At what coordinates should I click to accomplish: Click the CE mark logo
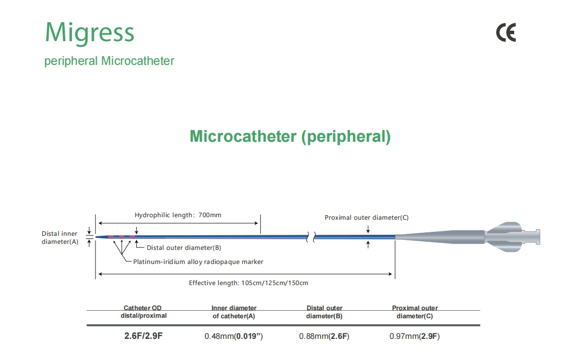pos(506,33)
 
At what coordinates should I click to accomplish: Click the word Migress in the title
pos(89,33)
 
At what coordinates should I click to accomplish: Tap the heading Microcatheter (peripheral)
pos(290,137)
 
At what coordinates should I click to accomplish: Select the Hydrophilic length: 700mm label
pos(177,215)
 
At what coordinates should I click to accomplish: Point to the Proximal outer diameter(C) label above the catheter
pos(366,218)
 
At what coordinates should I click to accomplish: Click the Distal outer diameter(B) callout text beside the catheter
pos(184,247)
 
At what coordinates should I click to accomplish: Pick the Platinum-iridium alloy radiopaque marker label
pos(198,262)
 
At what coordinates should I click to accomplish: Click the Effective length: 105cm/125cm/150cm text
pos(249,283)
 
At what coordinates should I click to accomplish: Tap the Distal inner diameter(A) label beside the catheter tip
pos(60,238)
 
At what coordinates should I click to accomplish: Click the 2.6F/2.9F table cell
pos(143,336)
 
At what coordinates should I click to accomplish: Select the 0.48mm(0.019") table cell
pos(234,336)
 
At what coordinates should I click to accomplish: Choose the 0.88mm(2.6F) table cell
pos(324,336)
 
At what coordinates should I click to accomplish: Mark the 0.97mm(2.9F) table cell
pos(414,336)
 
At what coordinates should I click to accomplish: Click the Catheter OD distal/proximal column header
pos(144,312)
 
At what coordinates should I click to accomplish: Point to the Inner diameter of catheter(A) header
pos(234,312)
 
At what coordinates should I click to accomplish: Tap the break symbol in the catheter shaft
pos(311,237)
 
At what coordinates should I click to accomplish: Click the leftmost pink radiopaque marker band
pos(111,237)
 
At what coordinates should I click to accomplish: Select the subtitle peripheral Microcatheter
pos(109,61)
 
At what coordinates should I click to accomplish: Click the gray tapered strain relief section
pos(440,237)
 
